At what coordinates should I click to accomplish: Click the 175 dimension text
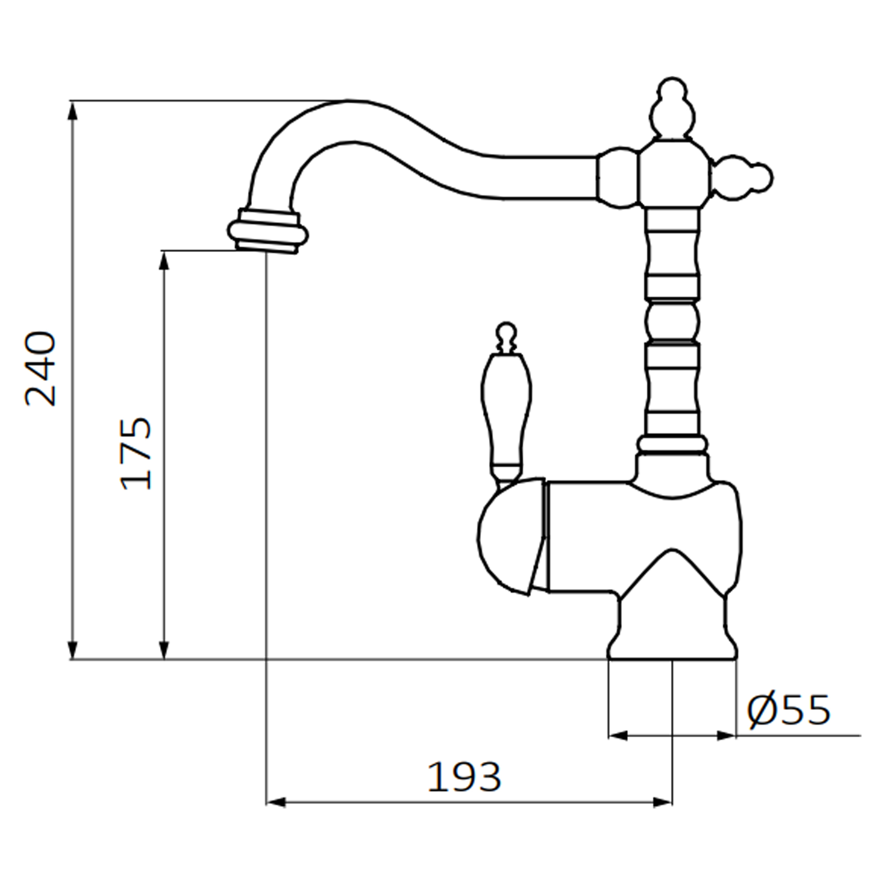(135, 453)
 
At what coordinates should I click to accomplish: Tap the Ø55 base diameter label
(788, 710)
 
